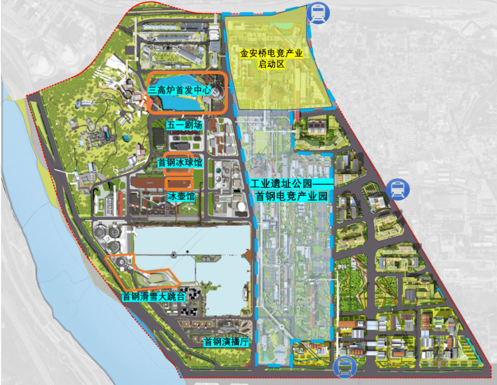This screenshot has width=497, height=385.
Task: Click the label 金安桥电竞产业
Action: (x=271, y=54)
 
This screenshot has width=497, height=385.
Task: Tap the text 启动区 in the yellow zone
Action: (x=271, y=65)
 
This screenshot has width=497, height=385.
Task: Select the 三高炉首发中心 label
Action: (x=179, y=89)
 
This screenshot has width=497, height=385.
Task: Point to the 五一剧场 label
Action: (x=185, y=125)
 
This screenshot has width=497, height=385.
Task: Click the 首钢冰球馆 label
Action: (x=180, y=163)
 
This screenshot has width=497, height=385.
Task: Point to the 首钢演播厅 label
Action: (x=226, y=341)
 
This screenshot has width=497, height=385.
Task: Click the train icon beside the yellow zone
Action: (x=316, y=13)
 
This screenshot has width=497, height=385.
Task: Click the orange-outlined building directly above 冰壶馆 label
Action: (x=179, y=183)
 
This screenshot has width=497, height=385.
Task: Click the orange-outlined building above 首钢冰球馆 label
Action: (x=178, y=156)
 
